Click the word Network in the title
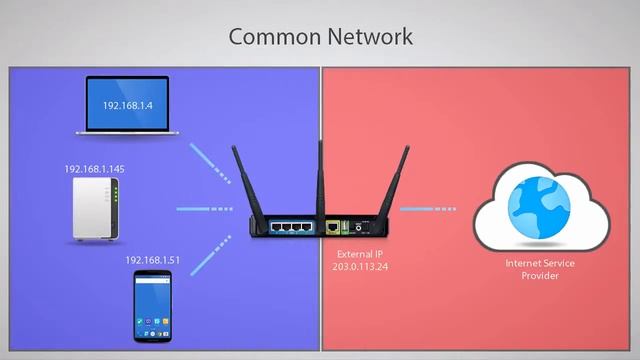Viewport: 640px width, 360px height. coord(363,37)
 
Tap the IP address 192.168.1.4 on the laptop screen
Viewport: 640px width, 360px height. coord(126,103)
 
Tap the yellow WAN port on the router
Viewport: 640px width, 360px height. coord(330,226)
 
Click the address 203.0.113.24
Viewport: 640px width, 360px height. coord(359,268)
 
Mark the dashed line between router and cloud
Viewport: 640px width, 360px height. coord(428,209)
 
